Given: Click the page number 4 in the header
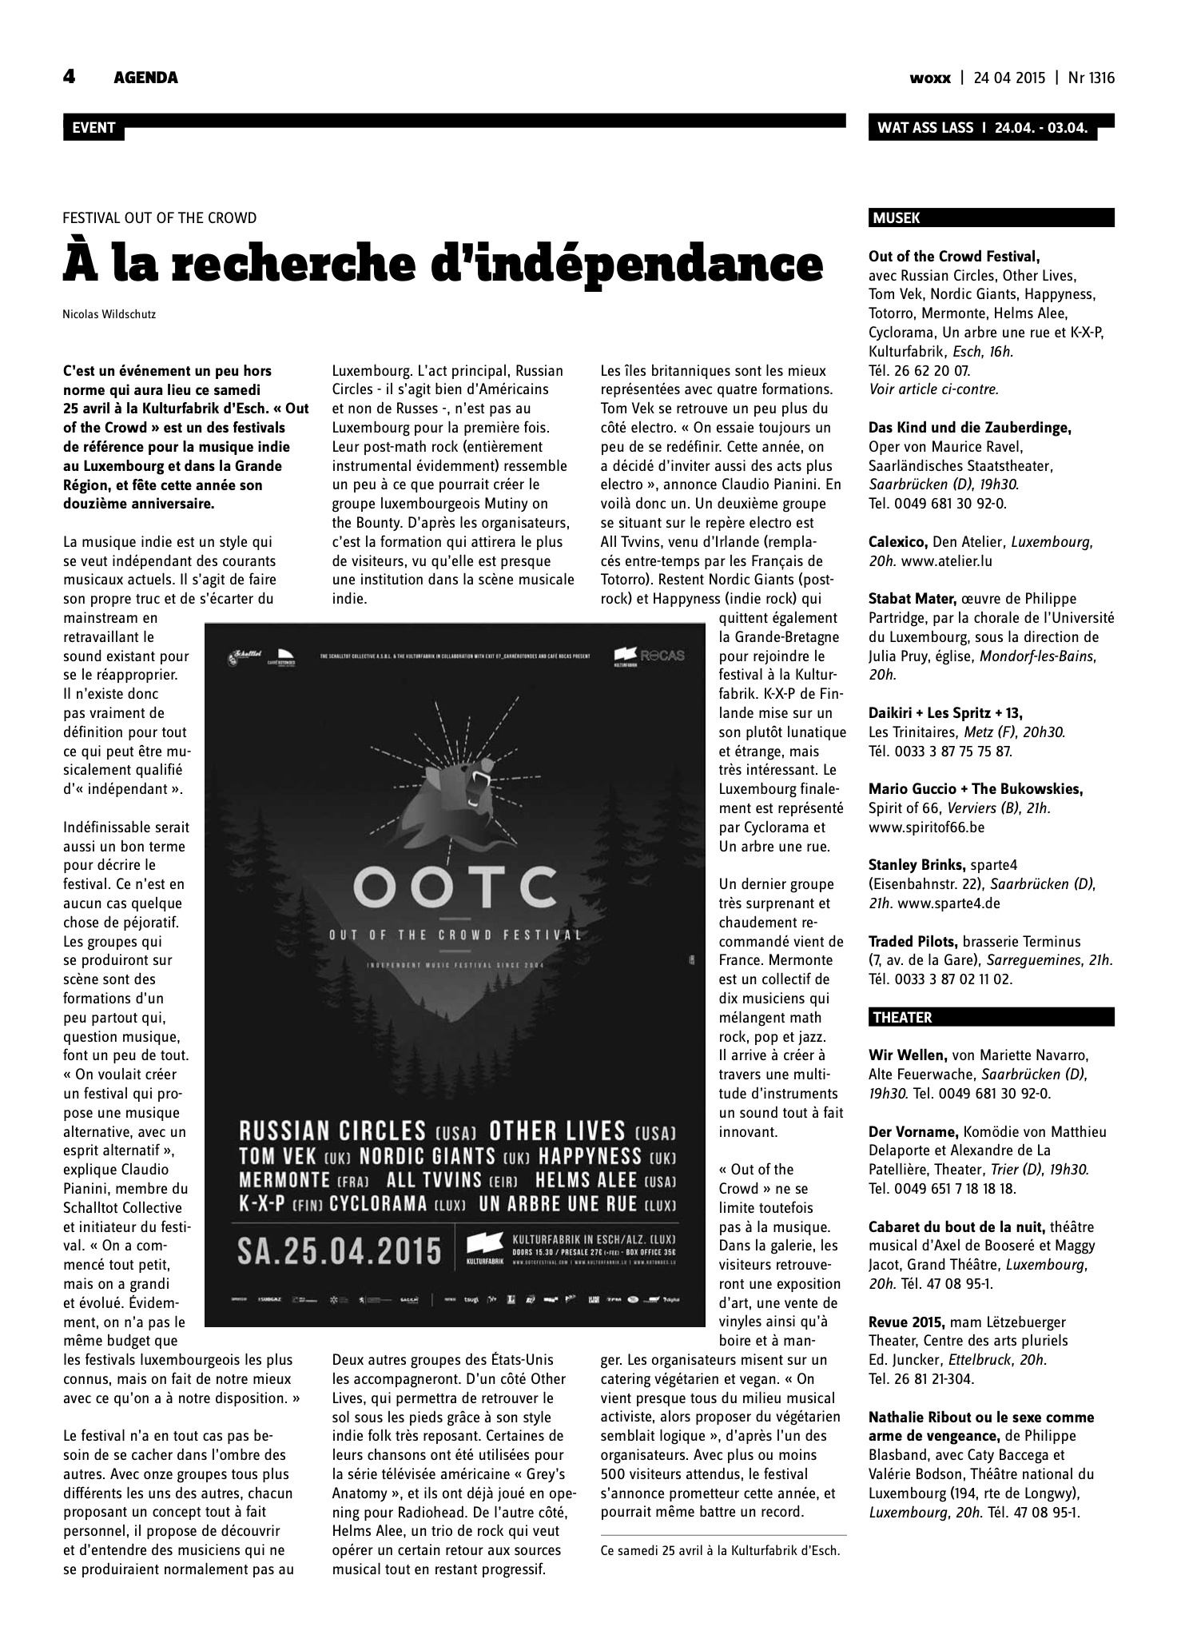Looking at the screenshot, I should tap(70, 77).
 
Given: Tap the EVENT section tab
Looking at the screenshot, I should tap(93, 128).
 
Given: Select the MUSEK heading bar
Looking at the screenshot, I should tap(990, 217).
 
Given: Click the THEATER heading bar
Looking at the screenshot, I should tap(990, 1017).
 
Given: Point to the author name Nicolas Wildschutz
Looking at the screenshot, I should tap(109, 314).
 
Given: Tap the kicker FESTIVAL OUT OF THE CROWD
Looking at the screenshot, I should tap(160, 217).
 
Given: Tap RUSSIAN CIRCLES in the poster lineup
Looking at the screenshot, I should tap(333, 1131).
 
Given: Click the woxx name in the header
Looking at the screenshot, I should tap(930, 78).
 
